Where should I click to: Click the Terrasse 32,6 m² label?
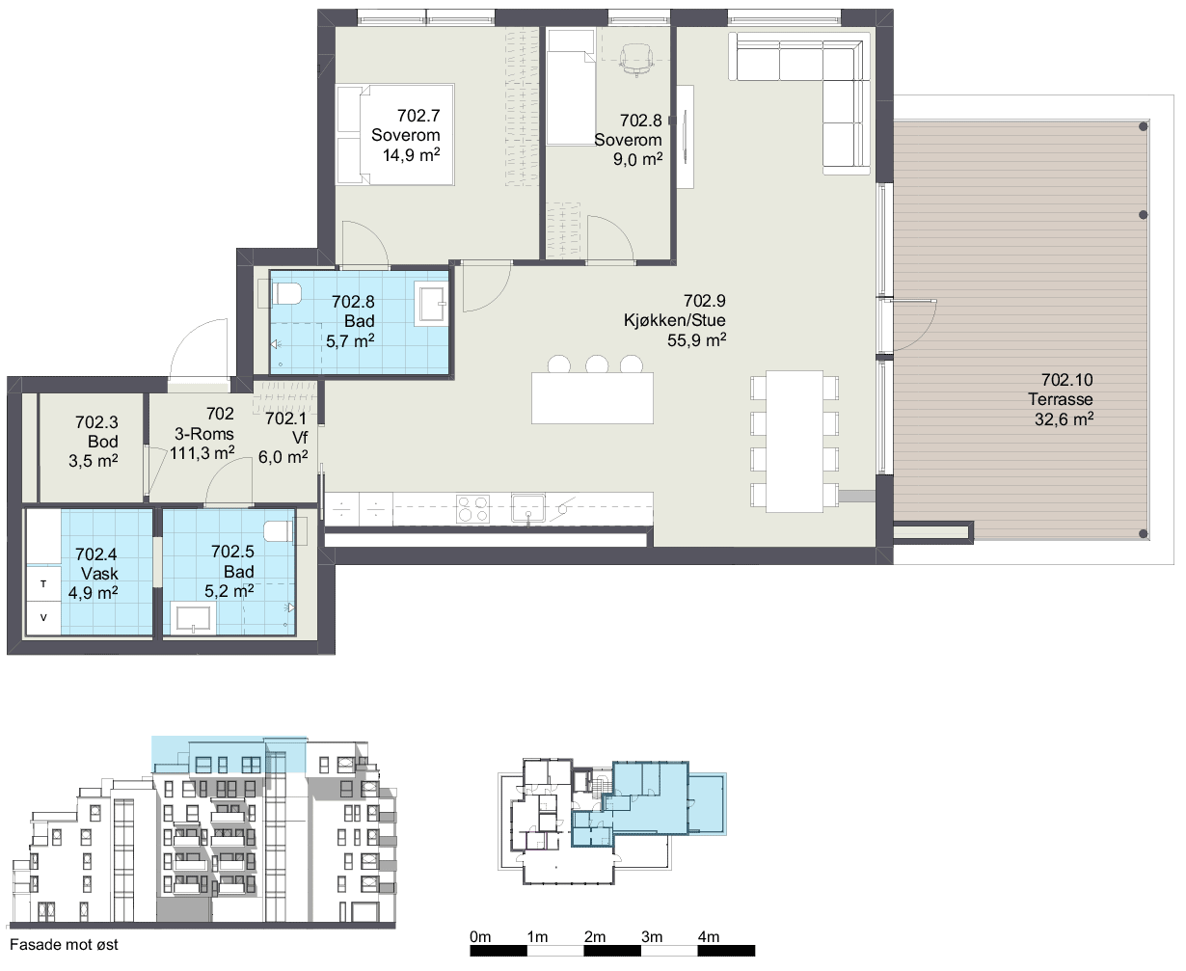tap(1062, 399)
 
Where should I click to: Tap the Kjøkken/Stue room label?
tap(675, 320)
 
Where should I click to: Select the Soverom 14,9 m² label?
tap(405, 135)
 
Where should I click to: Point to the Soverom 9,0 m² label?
tap(628, 140)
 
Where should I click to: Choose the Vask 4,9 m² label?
tap(94, 574)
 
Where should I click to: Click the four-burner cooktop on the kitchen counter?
tap(472, 509)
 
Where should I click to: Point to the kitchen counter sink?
tap(527, 508)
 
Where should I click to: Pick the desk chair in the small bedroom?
tap(636, 60)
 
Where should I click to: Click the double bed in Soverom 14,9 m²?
tap(394, 134)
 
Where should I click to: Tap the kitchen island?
tap(592, 397)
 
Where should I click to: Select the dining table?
tap(795, 442)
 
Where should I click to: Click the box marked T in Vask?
tap(43, 583)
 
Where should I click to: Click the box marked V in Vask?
tap(43, 618)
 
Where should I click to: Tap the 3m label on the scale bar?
tap(652, 936)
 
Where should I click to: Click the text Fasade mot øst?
tap(64, 945)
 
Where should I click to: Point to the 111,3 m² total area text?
tap(202, 452)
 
